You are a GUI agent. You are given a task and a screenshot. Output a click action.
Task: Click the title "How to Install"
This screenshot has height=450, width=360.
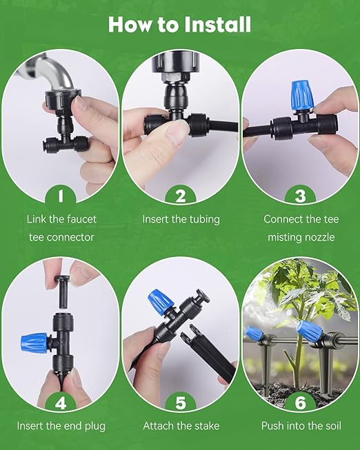[x=179, y=24]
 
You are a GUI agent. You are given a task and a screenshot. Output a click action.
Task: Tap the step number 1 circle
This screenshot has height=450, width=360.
[x=61, y=196]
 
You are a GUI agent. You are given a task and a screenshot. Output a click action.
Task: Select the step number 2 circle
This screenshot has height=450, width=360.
[x=181, y=196]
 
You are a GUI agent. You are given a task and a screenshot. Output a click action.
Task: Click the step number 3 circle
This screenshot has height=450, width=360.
[x=301, y=196]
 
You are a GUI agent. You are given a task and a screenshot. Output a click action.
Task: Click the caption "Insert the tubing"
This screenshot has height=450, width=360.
[x=181, y=219]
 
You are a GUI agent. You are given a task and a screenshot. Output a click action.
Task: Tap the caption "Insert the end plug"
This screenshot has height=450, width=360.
[x=61, y=425]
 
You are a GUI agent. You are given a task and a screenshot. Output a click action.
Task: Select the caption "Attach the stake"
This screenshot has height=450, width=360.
[x=181, y=425]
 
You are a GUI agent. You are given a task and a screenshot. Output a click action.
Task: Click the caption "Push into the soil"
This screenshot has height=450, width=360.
[x=301, y=425]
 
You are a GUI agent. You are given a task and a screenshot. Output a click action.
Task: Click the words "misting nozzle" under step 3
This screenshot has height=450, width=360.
[x=301, y=238]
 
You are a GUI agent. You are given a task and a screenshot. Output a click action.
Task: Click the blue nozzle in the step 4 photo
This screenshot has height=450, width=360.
[x=34, y=341]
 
